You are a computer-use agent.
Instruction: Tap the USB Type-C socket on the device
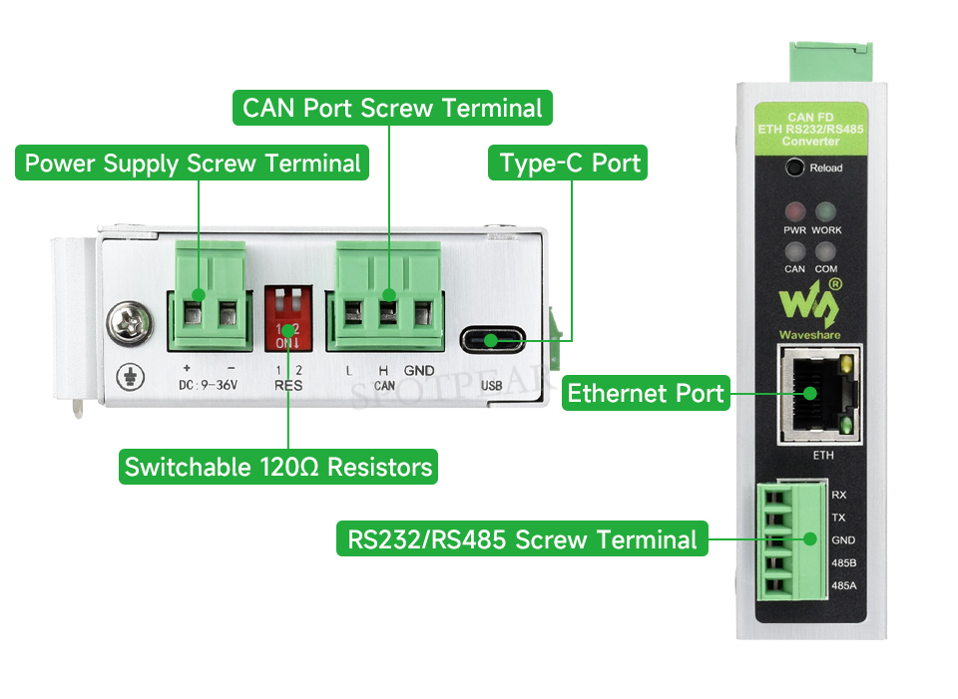[492, 339]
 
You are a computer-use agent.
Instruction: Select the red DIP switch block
[288, 319]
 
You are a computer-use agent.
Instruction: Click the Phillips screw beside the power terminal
[130, 323]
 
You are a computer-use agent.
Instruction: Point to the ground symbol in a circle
[130, 377]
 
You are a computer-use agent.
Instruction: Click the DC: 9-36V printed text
[208, 385]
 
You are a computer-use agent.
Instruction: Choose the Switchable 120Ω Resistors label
[278, 467]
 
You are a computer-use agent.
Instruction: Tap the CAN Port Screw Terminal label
[392, 108]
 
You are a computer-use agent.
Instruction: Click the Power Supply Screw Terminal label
[192, 163]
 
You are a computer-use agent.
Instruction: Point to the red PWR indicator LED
[795, 211]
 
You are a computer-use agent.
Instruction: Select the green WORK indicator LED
[826, 211]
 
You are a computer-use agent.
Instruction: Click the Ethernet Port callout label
[646, 393]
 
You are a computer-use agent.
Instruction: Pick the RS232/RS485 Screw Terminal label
[522, 539]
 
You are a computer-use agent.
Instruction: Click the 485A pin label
[844, 586]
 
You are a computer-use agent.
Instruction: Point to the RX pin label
[839, 496]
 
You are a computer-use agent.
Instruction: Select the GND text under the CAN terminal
[419, 371]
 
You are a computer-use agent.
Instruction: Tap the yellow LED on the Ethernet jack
[846, 364]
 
